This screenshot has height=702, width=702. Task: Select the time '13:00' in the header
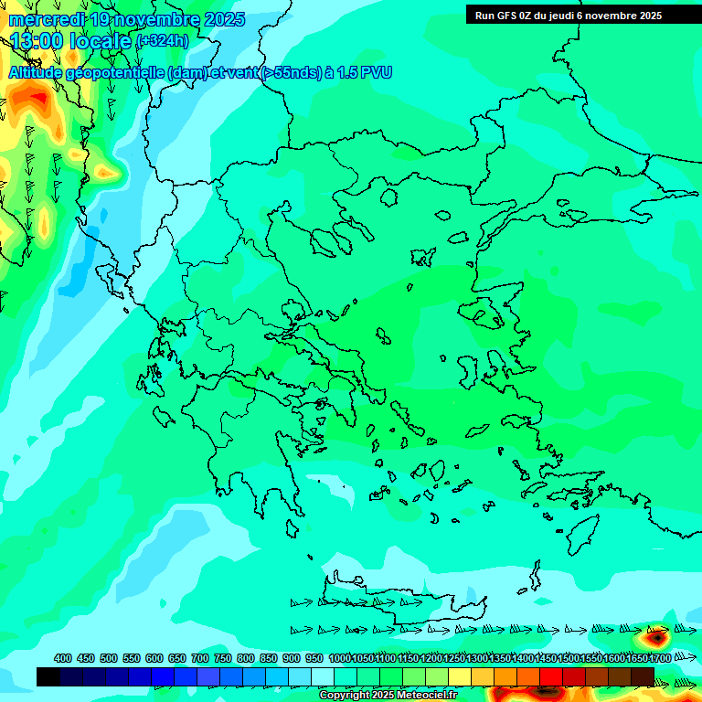[x=37, y=40]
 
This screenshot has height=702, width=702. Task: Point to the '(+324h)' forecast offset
[x=162, y=40]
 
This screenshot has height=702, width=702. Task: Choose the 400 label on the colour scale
[x=63, y=658]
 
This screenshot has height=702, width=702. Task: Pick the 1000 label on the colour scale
[x=339, y=658]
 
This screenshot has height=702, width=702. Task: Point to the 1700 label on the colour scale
[x=660, y=658]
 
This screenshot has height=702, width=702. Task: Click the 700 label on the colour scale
[x=200, y=658]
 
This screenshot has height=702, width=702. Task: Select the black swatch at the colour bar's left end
[x=48, y=676]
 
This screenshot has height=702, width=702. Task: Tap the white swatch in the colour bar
[x=323, y=676]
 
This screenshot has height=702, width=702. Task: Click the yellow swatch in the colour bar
[x=460, y=676]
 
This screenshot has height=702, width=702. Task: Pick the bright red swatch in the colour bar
[x=551, y=676]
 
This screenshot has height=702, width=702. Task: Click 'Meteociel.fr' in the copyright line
[x=427, y=696]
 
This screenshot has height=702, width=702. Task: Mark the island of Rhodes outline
[x=582, y=534]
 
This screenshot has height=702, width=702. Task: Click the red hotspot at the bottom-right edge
[x=657, y=633]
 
